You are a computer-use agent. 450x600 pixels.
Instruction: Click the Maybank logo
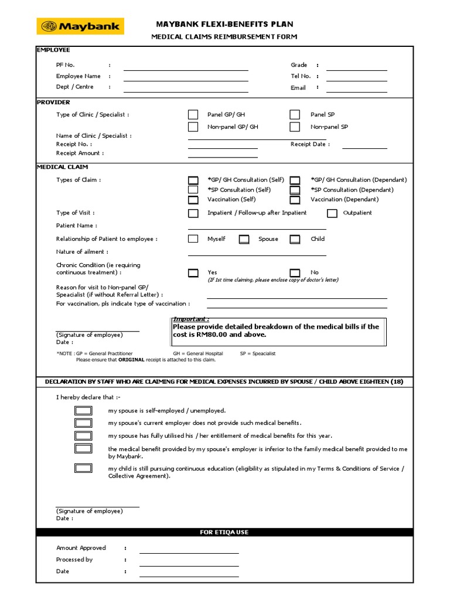click(x=79, y=26)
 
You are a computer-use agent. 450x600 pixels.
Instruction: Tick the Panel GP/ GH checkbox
click(x=193, y=115)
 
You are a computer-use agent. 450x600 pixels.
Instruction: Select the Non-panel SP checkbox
click(x=295, y=127)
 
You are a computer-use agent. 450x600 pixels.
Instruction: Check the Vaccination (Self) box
click(x=193, y=200)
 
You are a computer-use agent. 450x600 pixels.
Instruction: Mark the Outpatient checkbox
click(x=332, y=213)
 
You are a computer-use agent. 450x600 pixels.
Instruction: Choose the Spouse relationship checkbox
click(x=244, y=239)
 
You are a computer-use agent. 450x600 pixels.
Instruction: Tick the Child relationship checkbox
click(x=295, y=239)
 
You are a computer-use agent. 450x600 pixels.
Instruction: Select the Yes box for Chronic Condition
click(x=193, y=273)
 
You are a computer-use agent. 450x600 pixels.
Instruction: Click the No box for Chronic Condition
click(x=295, y=273)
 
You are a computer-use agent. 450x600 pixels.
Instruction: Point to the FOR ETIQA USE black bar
click(x=225, y=532)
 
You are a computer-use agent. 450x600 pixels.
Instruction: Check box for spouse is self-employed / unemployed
click(x=83, y=411)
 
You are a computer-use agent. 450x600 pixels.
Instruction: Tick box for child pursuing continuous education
click(x=83, y=468)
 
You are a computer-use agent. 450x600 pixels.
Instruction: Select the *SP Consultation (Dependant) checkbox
click(x=295, y=190)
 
